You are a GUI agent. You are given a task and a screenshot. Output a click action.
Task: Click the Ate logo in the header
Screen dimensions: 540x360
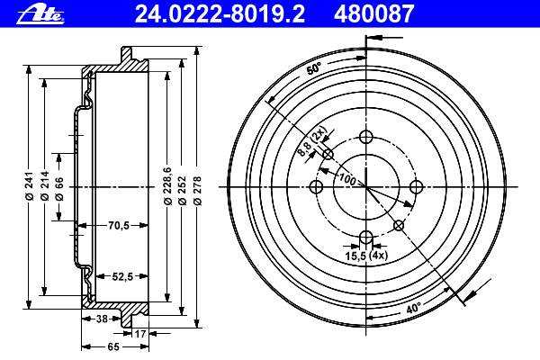pyautogui.click(x=40, y=14)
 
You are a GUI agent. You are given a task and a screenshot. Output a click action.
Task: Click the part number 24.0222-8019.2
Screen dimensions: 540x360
pyautogui.click(x=220, y=14)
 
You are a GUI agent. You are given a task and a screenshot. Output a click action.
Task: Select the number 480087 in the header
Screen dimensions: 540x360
pyautogui.click(x=373, y=14)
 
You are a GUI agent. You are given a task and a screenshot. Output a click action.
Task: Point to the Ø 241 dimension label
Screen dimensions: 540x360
pyautogui.click(x=29, y=186)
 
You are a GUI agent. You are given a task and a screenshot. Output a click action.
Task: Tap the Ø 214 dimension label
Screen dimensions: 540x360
pyautogui.click(x=44, y=186)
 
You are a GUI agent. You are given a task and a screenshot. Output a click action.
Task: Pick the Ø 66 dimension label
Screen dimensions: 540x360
pyautogui.click(x=59, y=189)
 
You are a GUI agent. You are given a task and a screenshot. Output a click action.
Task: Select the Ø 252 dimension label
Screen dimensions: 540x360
pyautogui.click(x=183, y=191)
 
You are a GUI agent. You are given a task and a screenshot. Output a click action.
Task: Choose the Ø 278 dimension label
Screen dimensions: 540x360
pyautogui.click(x=197, y=191)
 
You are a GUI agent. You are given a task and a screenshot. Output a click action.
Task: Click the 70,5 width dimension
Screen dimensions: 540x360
pyautogui.click(x=119, y=226)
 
